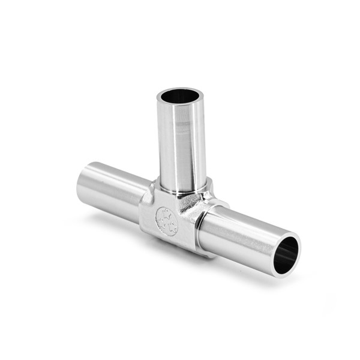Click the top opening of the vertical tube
[x=179, y=95]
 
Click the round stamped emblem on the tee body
[x=166, y=220]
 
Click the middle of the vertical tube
[x=182, y=144]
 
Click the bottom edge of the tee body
[x=174, y=247]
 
